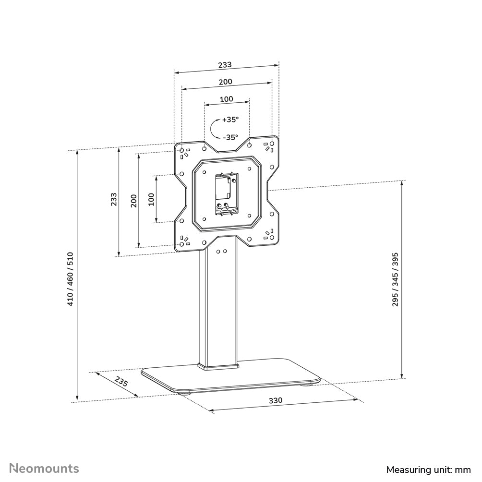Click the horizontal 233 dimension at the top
pos(225,64)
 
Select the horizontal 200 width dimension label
pos(226,82)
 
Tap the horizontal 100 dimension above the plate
pos(227,99)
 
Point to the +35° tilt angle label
pos(230,119)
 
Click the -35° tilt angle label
pos(230,137)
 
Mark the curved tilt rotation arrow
pos(214,129)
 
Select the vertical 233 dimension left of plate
pos(113,199)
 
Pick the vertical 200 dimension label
pos(134,200)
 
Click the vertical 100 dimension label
pos(151,199)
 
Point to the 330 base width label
pos(275,400)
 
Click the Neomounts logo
pos(45,468)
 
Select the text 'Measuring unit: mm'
pos(429,469)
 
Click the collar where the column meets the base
pos(218,367)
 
